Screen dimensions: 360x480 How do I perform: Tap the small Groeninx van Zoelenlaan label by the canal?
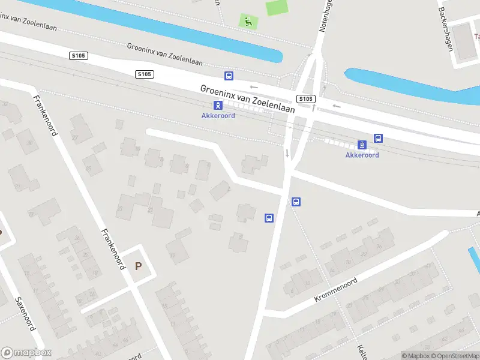pos(164,55)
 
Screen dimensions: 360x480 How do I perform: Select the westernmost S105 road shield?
pos(78,56)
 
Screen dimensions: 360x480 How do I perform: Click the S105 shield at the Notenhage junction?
pos(305,98)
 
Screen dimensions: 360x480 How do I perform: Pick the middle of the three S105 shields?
pos(145,74)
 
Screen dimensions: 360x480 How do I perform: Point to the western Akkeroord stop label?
pos(218,115)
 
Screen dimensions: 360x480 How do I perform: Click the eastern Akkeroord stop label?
pos(362,155)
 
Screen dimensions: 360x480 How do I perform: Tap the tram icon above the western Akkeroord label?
pos(218,105)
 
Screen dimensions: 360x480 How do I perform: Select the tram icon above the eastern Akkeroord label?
pos(362,145)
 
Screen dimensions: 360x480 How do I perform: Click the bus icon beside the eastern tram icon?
pos(379,138)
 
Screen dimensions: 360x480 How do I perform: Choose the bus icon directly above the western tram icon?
pos(229,76)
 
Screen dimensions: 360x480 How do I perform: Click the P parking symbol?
pos(139,266)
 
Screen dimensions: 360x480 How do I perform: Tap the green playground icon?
pos(247,21)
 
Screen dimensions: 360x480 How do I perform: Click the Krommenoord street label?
pos(335,290)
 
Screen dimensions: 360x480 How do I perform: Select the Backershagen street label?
pos(445,29)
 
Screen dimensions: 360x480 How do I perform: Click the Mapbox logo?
pos(26,353)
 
